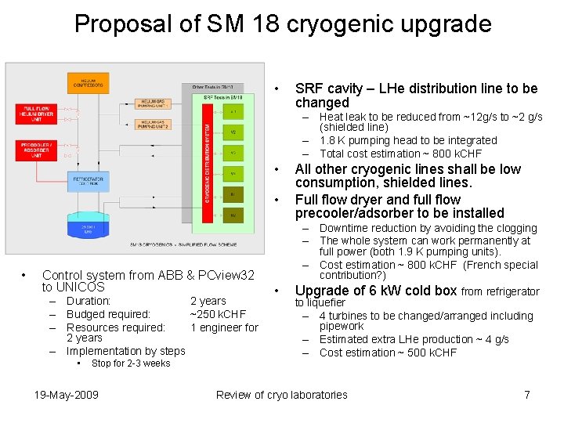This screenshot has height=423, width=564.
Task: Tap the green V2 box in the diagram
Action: pyautogui.click(x=233, y=132)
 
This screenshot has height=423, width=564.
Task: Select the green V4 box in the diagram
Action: pyautogui.click(x=233, y=173)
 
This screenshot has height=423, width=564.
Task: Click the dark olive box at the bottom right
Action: pyautogui.click(x=233, y=215)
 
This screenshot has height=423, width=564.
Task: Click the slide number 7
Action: pyautogui.click(x=527, y=395)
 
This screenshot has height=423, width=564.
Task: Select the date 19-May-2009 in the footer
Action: pyautogui.click(x=67, y=395)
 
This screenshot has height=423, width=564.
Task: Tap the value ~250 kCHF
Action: pyautogui.click(x=218, y=314)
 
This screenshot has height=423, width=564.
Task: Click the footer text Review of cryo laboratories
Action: pyautogui.click(x=281, y=395)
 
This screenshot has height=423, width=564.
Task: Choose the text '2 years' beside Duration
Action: pyautogui.click(x=208, y=301)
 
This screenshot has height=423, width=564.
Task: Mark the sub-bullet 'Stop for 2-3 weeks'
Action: pyautogui.click(x=131, y=363)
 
